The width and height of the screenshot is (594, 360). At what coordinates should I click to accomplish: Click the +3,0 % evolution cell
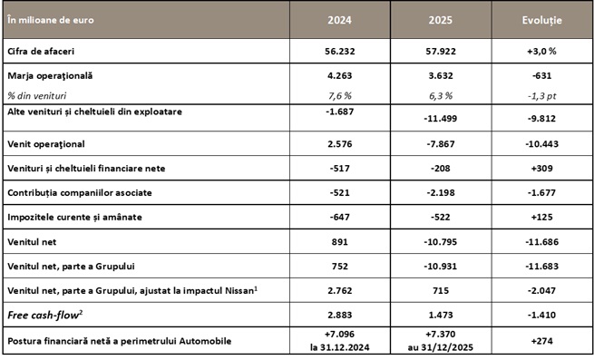542,52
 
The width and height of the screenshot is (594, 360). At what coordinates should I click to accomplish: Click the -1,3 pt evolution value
542,95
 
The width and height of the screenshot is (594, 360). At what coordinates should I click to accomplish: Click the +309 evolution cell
542,169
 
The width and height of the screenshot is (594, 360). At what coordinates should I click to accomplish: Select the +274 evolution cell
542,343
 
